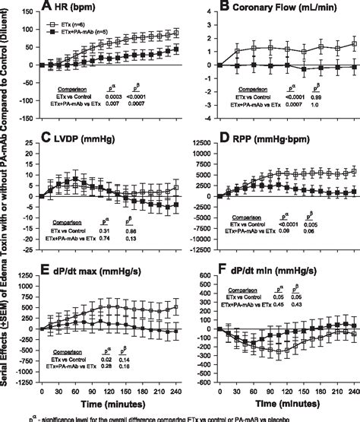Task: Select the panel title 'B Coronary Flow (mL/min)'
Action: [x=270, y=9]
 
